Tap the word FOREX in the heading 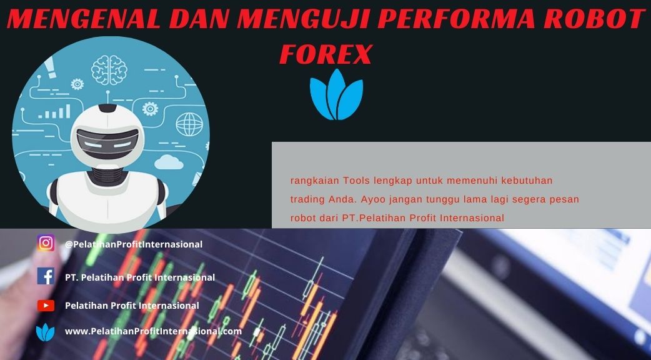tap(326, 54)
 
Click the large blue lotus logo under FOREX tap(336, 94)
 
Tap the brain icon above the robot tap(109, 70)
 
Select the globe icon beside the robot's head tap(189, 124)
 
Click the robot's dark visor tap(107, 142)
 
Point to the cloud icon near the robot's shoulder tap(169, 162)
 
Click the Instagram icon tap(46, 243)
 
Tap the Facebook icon tap(46, 276)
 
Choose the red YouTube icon tap(46, 306)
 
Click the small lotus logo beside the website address tap(45, 332)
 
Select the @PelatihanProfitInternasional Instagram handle tap(134, 244)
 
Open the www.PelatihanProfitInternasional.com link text tap(153, 331)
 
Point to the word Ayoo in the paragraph tap(373, 199)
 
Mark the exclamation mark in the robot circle tap(51, 67)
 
